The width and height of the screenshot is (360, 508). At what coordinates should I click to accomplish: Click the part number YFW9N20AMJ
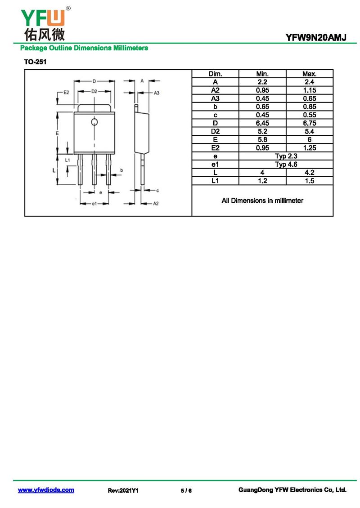click(x=315, y=38)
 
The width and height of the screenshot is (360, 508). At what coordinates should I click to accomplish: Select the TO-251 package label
click(x=35, y=62)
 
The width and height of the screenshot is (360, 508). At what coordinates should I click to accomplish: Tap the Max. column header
click(x=310, y=74)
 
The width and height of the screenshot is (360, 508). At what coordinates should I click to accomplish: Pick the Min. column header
click(x=262, y=74)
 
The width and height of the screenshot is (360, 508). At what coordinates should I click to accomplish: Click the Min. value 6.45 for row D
click(x=262, y=123)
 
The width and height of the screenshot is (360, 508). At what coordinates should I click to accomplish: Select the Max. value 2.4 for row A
click(x=310, y=82)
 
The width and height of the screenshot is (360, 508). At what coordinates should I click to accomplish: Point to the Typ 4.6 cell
click(x=286, y=164)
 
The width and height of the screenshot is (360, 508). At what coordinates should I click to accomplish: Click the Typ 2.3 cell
click(x=286, y=156)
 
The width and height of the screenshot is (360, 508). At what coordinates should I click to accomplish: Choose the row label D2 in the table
click(x=216, y=131)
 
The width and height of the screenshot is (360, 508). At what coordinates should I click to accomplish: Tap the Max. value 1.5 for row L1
click(x=310, y=181)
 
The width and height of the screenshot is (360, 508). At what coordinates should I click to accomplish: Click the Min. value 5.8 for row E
click(x=262, y=140)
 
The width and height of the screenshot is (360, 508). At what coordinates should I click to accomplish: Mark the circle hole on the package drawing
click(x=94, y=122)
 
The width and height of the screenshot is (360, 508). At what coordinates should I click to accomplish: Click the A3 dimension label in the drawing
click(x=157, y=93)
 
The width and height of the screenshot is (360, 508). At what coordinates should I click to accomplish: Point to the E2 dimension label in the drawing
click(x=66, y=92)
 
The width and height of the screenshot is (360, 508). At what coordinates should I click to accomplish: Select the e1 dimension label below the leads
click(x=94, y=204)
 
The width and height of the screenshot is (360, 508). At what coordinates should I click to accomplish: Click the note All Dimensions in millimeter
click(x=262, y=201)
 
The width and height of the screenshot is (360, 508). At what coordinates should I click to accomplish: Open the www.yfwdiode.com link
click(x=46, y=490)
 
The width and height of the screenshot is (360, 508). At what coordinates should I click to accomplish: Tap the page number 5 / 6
click(x=186, y=490)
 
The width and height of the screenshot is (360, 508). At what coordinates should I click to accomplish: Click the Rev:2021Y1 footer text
click(x=123, y=490)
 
